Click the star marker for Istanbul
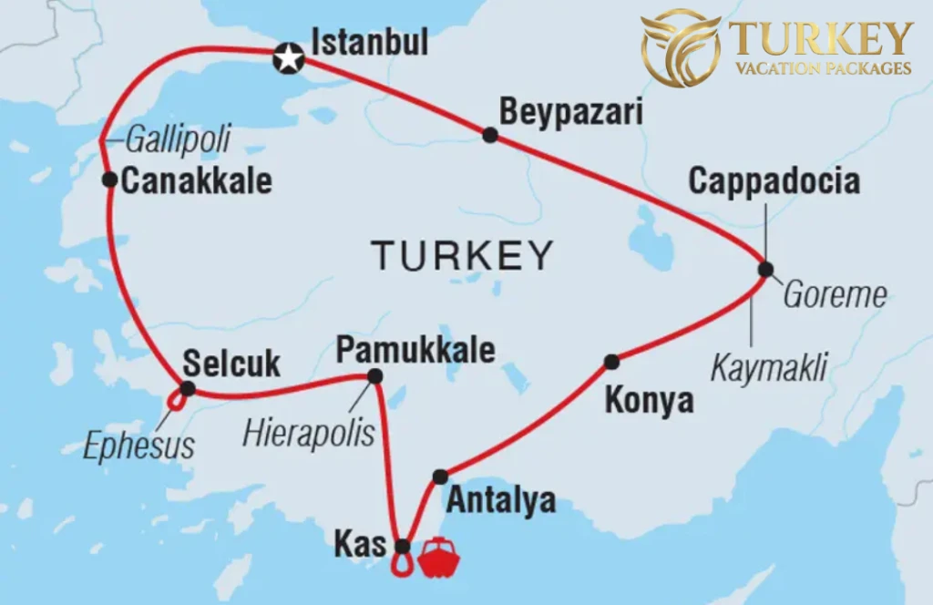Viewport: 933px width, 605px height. pyautogui.click(x=289, y=60)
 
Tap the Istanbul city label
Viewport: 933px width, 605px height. pyautogui.click(x=369, y=43)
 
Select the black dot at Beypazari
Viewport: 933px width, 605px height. pyautogui.click(x=490, y=135)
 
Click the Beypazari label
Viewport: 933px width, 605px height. pyautogui.click(x=571, y=112)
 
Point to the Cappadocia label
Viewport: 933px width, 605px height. pyautogui.click(x=774, y=180)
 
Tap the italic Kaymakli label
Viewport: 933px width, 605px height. pyautogui.click(x=768, y=368)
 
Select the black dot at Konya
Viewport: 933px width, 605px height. pyautogui.click(x=611, y=362)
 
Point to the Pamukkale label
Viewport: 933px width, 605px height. pyautogui.click(x=415, y=350)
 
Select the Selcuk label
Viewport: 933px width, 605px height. pyautogui.click(x=231, y=364)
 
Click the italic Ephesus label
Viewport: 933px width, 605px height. pyautogui.click(x=138, y=446)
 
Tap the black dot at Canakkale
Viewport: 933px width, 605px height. pyautogui.click(x=109, y=179)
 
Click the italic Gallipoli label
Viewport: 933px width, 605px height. pyautogui.click(x=177, y=139)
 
